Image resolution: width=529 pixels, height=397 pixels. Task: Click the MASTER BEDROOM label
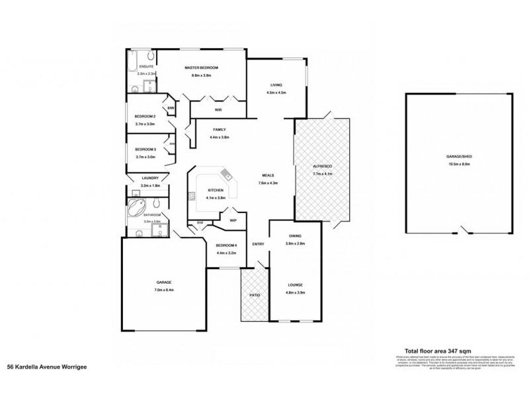click(201, 68)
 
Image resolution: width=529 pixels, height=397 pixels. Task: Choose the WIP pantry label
click(233, 220)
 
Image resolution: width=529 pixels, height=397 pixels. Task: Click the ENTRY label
click(258, 245)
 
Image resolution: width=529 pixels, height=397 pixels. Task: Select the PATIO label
click(253, 294)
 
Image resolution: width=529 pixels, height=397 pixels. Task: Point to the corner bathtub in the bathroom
click(136, 210)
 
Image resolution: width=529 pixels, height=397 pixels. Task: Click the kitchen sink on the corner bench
click(226, 175)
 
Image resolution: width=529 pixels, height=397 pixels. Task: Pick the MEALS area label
click(268, 175)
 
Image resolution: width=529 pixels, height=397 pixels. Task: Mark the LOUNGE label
click(295, 285)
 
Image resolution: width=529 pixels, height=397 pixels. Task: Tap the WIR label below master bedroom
click(218, 109)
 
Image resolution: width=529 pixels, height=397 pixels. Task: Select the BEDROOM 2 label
click(145, 116)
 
